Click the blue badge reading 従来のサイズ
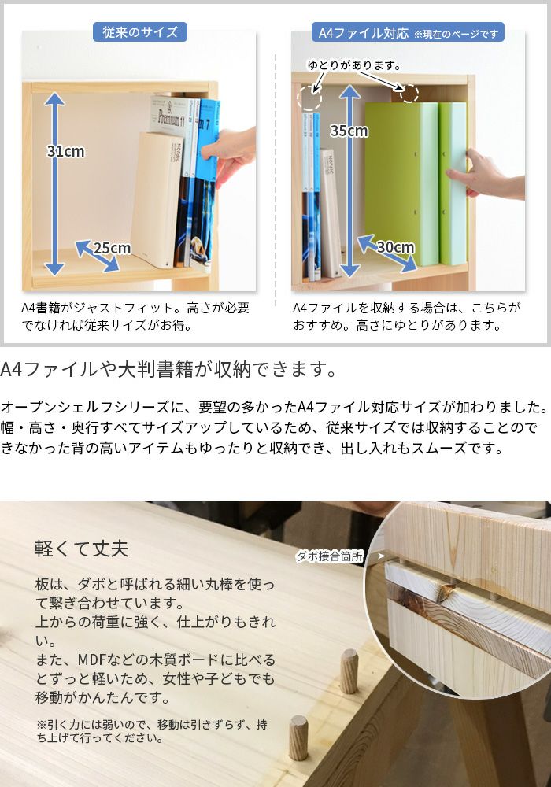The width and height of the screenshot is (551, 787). (140, 32)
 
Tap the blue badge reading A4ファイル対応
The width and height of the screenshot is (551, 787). (363, 33)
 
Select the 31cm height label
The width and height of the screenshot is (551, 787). (65, 151)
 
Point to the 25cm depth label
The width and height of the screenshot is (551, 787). (112, 249)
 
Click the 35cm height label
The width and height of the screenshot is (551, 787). (348, 131)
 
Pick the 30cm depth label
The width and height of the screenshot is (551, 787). (394, 247)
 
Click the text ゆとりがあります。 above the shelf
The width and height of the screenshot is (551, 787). (354, 65)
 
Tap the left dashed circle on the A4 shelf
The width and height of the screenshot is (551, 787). (309, 98)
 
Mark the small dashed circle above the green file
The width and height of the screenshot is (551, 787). (409, 93)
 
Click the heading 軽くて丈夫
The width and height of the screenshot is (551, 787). (82, 548)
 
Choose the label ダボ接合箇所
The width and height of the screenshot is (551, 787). (330, 556)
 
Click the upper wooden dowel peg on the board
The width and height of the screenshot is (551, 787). (349, 671)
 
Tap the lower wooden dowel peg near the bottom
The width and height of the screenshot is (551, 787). (298, 737)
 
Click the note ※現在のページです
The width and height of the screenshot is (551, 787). (457, 34)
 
